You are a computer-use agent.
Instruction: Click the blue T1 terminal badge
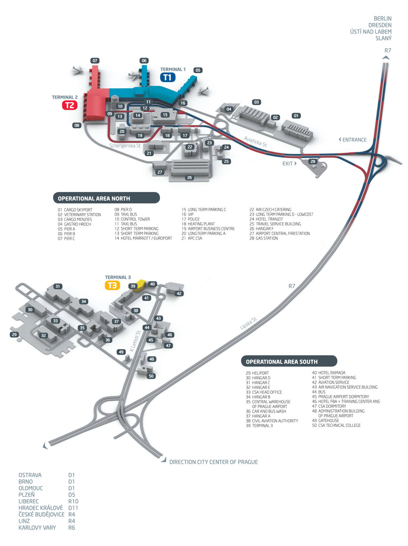tap(168, 77)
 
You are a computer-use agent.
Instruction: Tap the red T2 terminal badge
tap(70, 105)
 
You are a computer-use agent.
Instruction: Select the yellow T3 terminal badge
tap(112, 285)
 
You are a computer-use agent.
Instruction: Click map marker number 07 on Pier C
tap(95, 61)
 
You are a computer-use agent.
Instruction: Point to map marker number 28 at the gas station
tap(313, 161)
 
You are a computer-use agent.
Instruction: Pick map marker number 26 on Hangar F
tap(189, 178)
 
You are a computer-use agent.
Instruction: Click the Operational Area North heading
tap(94, 199)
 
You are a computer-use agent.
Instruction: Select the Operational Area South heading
tap(282, 362)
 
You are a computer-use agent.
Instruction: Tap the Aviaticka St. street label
tap(255, 141)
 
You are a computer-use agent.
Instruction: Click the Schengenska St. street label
tap(125, 146)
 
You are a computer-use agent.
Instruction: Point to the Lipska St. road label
tap(248, 323)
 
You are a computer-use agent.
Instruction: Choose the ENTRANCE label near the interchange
tap(353, 140)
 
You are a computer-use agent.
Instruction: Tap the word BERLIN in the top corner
tap(382, 19)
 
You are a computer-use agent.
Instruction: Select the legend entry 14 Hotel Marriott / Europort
tap(143, 239)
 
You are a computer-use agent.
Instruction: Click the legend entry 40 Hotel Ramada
tap(329, 373)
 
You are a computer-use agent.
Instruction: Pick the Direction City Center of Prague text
tap(213, 462)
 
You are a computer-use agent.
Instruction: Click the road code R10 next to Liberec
tap(73, 502)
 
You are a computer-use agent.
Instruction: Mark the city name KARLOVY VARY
tap(37, 528)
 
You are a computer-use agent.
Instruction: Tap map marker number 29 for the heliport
tap(14, 335)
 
